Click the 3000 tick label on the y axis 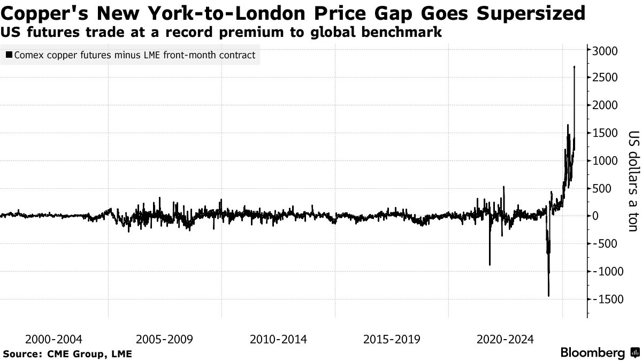point(605,51)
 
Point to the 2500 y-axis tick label point(605,78)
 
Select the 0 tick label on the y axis point(595,216)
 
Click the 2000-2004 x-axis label point(53,339)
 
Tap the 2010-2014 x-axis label point(278,339)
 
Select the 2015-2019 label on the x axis point(392,339)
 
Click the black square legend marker point(9,55)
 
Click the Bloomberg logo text point(592,353)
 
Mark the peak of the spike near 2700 point(574,67)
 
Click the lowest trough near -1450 point(548,296)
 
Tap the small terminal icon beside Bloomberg point(634,353)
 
